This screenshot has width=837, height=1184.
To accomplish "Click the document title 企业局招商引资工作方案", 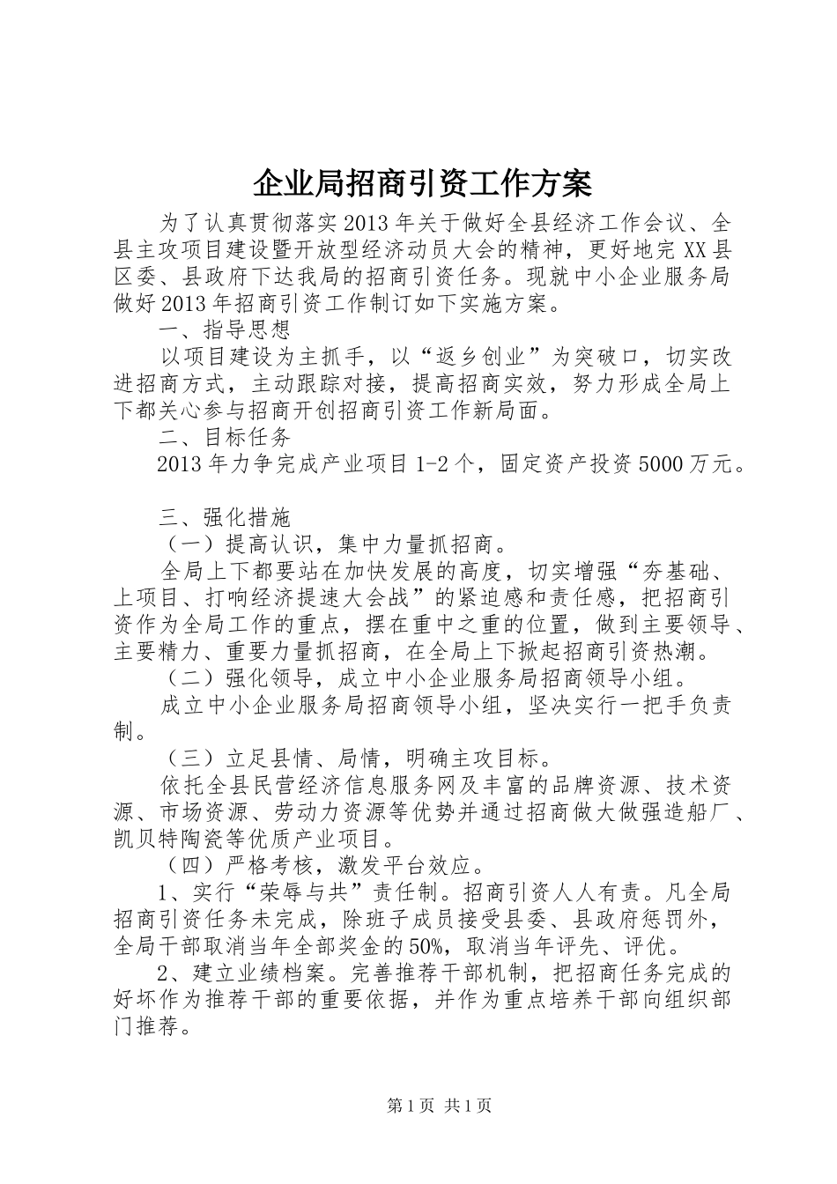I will [421, 183].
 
